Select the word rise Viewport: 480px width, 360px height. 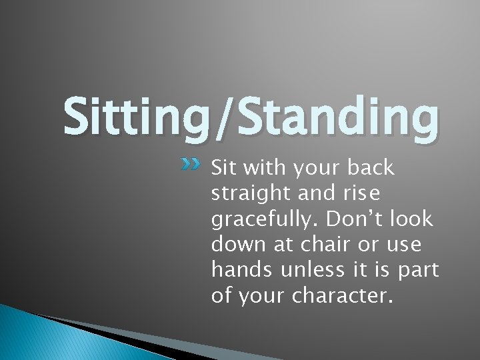tap(360, 194)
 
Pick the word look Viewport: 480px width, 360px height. tap(409, 219)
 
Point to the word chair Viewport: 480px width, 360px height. tap(323, 245)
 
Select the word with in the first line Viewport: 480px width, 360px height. tap(260, 168)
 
